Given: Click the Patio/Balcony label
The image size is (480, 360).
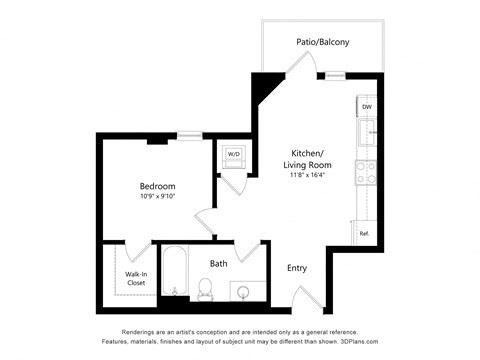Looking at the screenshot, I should (x=321, y=42).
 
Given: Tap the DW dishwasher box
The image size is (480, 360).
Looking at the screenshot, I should (x=367, y=107).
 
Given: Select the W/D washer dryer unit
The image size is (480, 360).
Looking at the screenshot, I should (x=233, y=154).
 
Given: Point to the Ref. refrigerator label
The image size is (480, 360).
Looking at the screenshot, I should (x=365, y=234).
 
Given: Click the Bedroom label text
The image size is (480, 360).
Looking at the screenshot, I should (x=157, y=186).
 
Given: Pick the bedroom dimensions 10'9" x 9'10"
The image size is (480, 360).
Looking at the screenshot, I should (x=157, y=197).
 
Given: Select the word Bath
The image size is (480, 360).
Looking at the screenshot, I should (x=218, y=264).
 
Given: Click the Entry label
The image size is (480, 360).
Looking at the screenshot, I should (x=297, y=268).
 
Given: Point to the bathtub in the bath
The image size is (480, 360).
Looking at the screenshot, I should (x=174, y=272).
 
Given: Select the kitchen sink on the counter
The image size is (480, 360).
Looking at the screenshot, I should (x=368, y=132).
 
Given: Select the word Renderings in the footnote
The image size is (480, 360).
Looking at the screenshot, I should (x=142, y=331).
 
